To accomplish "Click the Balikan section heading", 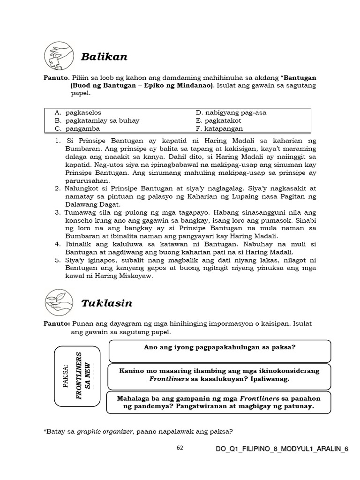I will click(104, 57).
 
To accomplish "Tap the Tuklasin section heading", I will click(107, 303).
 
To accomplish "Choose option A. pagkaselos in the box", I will click(77, 112).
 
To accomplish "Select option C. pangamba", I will click(77, 128).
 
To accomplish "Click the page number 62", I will click(180, 448).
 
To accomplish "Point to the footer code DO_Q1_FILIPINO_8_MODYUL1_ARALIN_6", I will click(282, 449).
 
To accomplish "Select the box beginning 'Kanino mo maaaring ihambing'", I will click(220, 375).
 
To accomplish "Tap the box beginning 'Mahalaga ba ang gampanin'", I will click(219, 402).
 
